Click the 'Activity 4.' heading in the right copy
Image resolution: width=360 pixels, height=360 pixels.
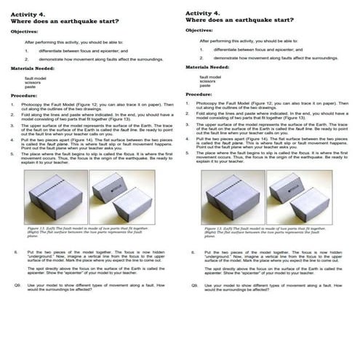pos(201,13)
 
